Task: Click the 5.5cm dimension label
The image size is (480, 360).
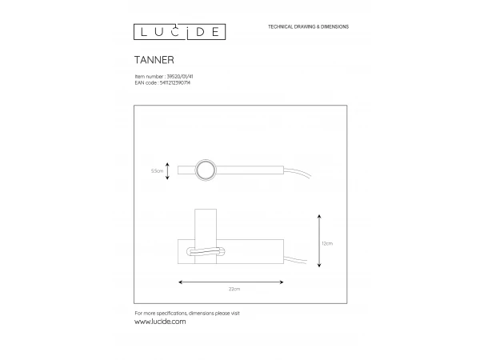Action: click(x=157, y=170)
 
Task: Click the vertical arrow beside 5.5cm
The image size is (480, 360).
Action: click(x=168, y=170)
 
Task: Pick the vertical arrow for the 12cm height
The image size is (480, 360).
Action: click(x=319, y=240)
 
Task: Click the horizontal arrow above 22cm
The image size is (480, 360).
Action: click(x=231, y=281)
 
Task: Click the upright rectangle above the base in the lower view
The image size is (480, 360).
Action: click(x=206, y=224)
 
